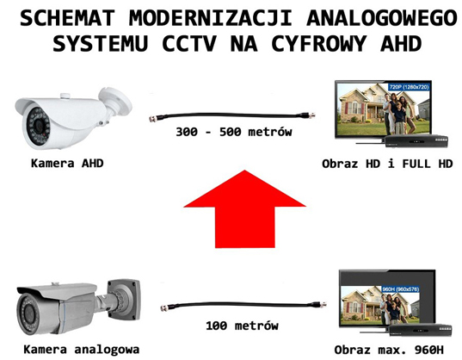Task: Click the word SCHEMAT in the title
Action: click(x=67, y=18)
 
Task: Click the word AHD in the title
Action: click(x=401, y=44)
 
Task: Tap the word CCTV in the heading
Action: click(x=189, y=44)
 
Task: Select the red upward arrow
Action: click(x=244, y=208)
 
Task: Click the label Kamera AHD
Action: click(x=67, y=163)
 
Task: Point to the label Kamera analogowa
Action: click(x=82, y=350)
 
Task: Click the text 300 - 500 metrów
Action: click(x=234, y=132)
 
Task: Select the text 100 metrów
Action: click(x=242, y=326)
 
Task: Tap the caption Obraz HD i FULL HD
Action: click(x=387, y=164)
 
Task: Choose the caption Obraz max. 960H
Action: click(x=389, y=350)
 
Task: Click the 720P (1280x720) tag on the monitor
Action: click(x=409, y=87)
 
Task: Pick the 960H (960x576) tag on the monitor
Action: click(x=400, y=289)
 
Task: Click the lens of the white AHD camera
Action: click(x=39, y=127)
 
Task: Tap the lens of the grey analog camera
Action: click(x=28, y=314)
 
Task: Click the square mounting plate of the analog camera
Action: click(x=124, y=299)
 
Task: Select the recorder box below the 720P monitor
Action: click(x=416, y=141)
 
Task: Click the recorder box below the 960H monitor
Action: click(x=421, y=329)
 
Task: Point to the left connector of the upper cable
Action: click(x=155, y=119)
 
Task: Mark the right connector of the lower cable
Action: click(x=320, y=304)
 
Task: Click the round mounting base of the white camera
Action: click(x=116, y=100)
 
